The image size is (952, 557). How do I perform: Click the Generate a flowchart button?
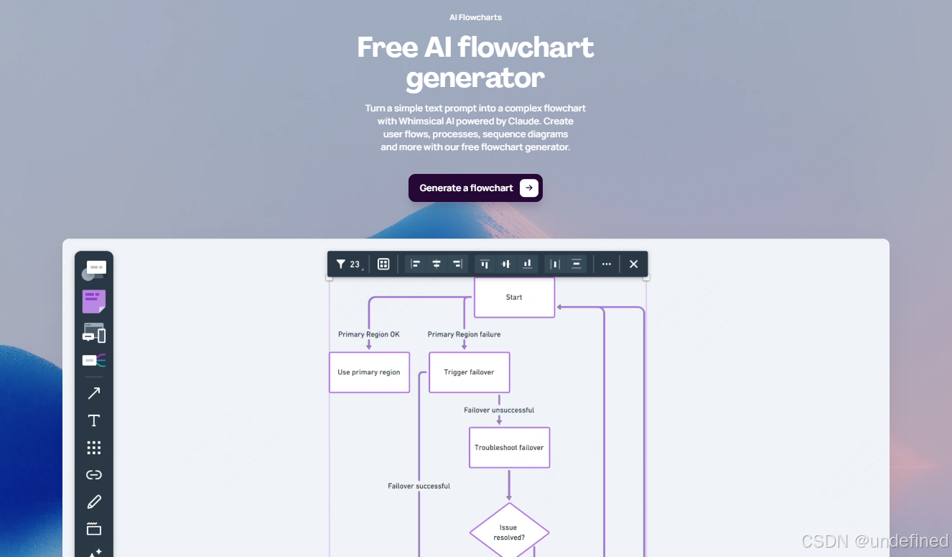[475, 188]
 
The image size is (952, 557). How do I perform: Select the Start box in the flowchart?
[514, 297]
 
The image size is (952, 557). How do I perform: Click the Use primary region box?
[369, 372]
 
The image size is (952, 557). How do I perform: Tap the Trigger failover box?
[469, 372]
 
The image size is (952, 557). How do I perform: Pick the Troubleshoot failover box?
[509, 448]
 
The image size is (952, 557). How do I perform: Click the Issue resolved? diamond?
[509, 533]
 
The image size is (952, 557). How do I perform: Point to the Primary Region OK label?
[369, 334]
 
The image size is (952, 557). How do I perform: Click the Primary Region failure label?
[464, 334]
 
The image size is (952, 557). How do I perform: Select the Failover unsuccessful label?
[499, 410]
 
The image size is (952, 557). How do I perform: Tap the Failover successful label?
[419, 486]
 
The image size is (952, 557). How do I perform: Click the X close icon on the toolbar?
[633, 264]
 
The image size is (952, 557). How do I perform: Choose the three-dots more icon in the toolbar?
[607, 264]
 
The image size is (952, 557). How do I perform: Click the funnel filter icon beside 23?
[341, 264]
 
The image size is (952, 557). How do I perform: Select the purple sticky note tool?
[94, 301]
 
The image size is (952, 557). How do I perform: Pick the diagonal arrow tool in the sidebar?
[94, 393]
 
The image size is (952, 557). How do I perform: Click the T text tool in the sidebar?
[94, 420]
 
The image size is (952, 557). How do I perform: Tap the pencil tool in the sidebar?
[94, 502]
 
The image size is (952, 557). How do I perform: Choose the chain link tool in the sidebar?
[94, 474]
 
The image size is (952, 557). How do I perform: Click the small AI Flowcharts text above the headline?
[475, 17]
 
